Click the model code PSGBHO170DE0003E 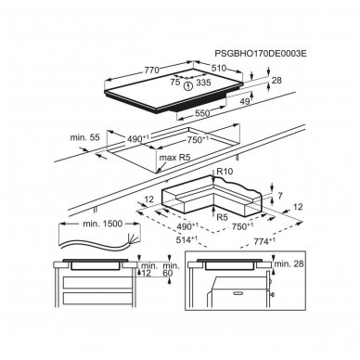click(261, 54)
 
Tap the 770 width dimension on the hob click(151, 71)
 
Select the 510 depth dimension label click(219, 68)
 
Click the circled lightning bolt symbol click(187, 85)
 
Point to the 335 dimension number click(203, 83)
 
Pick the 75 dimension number click(175, 82)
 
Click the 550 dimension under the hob click(202, 113)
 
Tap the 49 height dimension click(245, 101)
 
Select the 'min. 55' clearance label click(85, 137)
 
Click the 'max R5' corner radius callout click(174, 158)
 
